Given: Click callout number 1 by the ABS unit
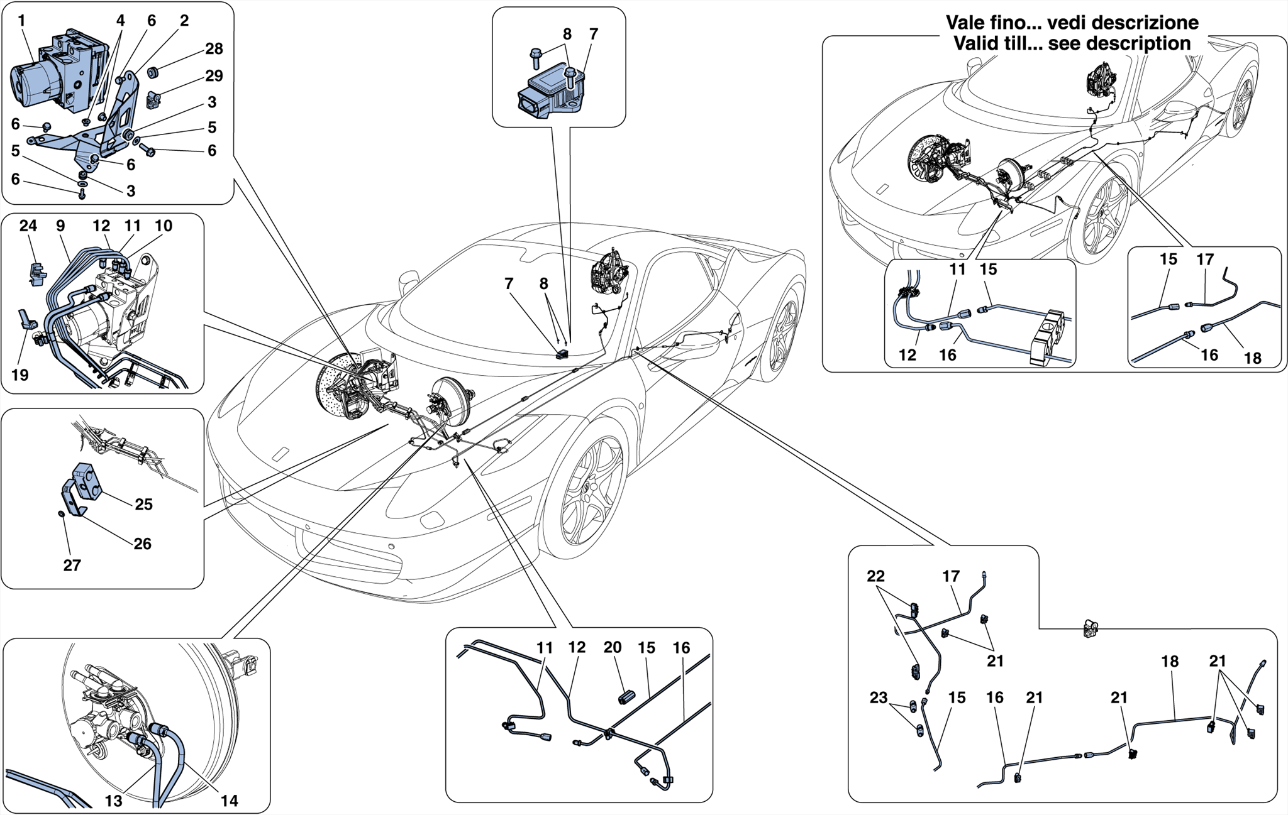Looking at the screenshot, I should click(21, 21).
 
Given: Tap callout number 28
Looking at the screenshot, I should click(214, 49).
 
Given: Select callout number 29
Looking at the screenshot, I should click(214, 76).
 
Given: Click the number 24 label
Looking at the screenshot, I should click(28, 226).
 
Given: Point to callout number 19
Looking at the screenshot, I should click(20, 375).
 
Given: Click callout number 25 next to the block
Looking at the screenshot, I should click(143, 505).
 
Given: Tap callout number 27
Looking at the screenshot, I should click(72, 566).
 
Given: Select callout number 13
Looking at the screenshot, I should click(113, 801).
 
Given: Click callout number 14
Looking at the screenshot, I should click(229, 801).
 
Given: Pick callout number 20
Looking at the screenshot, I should click(612, 648).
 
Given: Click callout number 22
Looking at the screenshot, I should click(875, 576).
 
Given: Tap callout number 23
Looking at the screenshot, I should click(878, 697).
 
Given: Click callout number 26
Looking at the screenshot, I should click(142, 544).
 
